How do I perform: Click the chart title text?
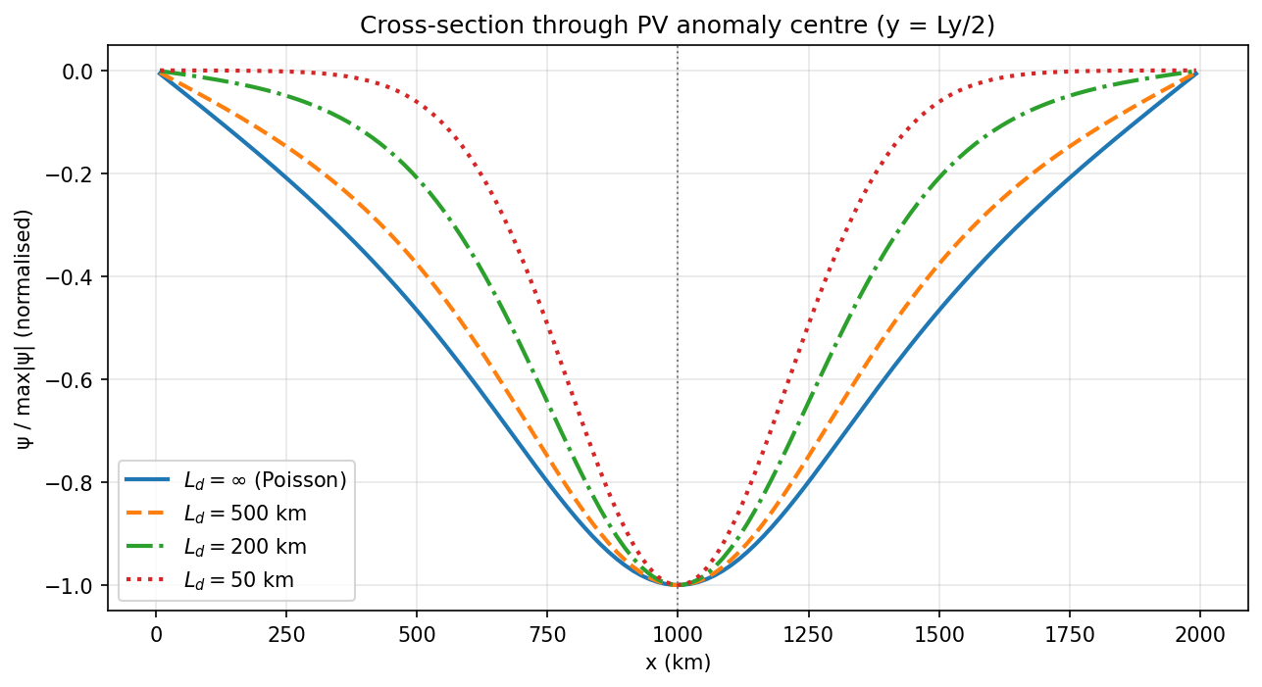677,26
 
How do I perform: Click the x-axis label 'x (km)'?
677,662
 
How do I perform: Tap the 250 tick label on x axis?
285,634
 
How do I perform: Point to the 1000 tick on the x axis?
677,634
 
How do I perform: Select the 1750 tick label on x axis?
1069,634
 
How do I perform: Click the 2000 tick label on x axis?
1199,634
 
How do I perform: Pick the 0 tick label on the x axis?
155,634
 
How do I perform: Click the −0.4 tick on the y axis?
76,277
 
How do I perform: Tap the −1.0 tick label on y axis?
76,586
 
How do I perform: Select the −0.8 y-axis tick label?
76,483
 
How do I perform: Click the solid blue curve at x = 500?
416,313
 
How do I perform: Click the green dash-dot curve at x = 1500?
938,180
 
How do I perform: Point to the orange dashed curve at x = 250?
285,147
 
